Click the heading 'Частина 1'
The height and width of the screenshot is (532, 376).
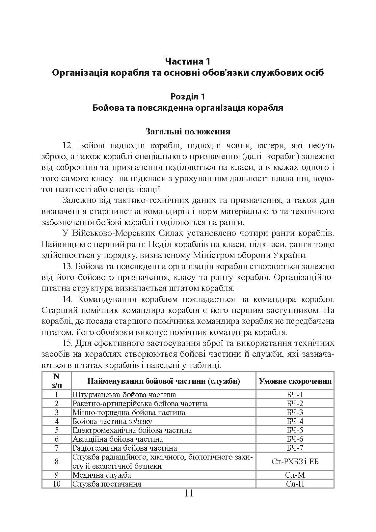click(188, 61)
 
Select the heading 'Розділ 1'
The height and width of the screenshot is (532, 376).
click(188, 97)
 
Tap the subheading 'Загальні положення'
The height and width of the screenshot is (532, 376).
click(188, 131)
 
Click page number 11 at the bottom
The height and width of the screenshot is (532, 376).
click(188, 493)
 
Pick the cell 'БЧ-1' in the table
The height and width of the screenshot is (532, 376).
click(295, 394)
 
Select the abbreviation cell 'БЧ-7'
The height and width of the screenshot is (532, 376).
click(295, 448)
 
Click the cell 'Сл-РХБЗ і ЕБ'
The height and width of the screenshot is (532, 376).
click(295, 461)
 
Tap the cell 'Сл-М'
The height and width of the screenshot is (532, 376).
click(295, 475)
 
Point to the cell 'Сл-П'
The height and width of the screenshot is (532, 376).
click(295, 484)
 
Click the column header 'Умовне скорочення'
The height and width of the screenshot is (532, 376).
click(295, 381)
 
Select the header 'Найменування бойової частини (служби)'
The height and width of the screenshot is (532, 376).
click(164, 381)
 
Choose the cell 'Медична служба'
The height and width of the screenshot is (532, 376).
click(102, 475)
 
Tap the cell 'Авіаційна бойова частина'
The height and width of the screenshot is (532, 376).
click(118, 439)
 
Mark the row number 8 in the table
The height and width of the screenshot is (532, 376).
click(56, 461)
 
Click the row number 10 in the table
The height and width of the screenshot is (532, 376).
click(56, 484)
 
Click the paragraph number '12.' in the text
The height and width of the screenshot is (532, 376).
click(68, 146)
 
